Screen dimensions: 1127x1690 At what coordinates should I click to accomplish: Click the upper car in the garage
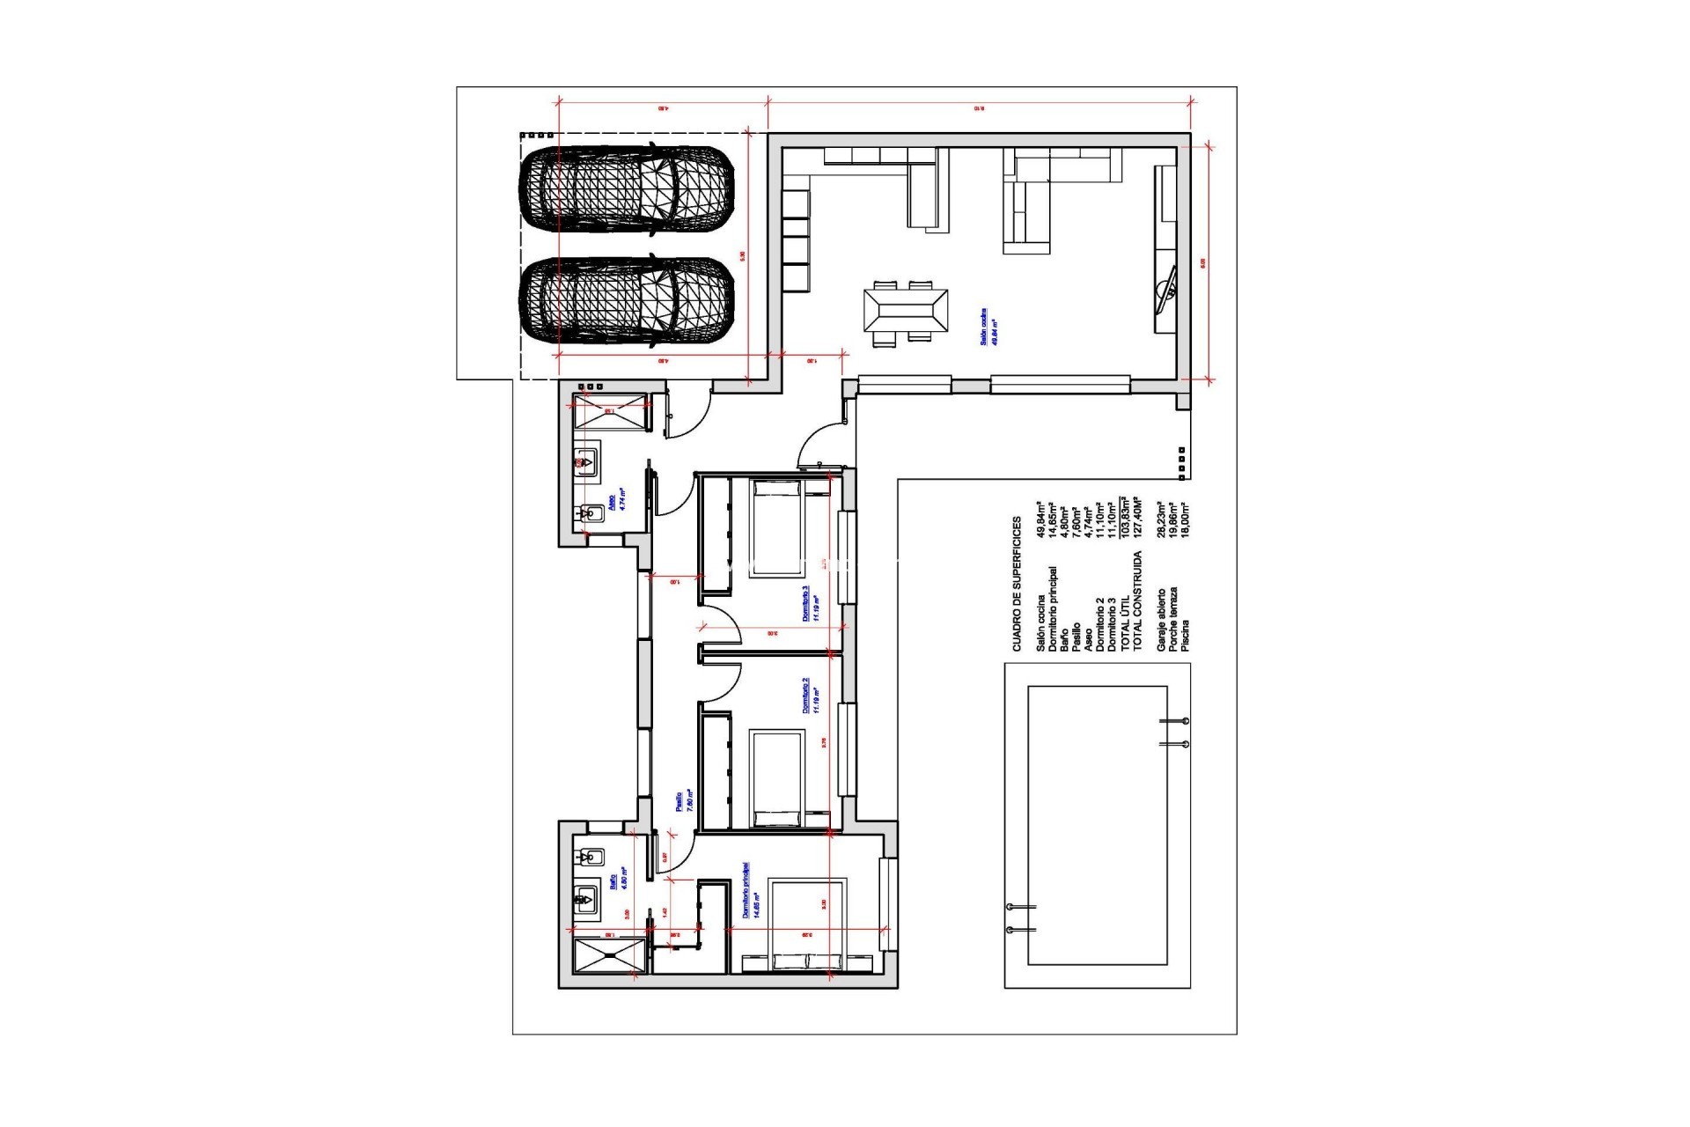(x=626, y=193)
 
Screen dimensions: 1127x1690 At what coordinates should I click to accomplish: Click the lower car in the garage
(x=626, y=302)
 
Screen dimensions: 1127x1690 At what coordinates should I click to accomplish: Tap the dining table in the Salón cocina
(x=905, y=311)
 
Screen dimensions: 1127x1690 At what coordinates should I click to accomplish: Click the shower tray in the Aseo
(x=609, y=412)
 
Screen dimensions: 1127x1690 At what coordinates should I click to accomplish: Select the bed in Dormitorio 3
(x=775, y=528)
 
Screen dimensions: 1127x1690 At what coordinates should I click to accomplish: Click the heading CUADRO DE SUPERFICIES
(x=1017, y=585)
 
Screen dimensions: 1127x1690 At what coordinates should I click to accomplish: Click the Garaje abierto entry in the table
(x=1161, y=622)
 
